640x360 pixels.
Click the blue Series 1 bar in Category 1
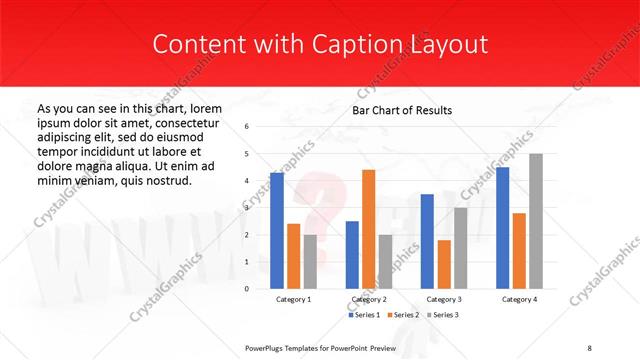(276, 231)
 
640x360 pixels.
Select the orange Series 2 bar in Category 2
(368, 229)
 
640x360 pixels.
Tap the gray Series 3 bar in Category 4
(536, 221)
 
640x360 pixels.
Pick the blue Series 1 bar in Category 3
(427, 241)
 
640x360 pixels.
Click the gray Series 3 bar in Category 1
(310, 261)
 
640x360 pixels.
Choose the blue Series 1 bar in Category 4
(502, 228)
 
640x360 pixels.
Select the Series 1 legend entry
(364, 315)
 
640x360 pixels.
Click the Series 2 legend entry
(403, 315)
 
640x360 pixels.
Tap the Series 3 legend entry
(442, 315)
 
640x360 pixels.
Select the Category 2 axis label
(368, 299)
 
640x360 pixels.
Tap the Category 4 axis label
(519, 299)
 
